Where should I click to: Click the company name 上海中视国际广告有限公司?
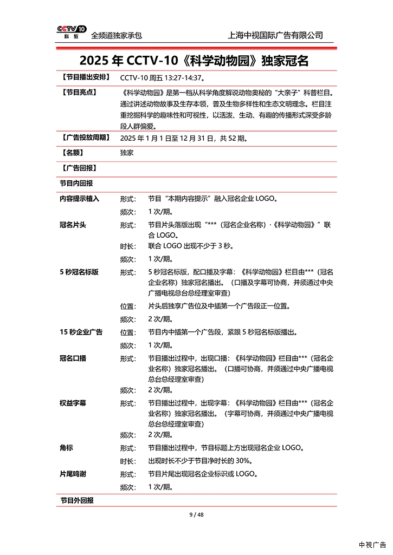[x=276, y=35]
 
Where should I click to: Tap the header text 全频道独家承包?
[x=117, y=36]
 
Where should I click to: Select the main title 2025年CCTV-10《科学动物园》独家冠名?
[x=196, y=60]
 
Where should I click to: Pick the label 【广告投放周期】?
[x=85, y=138]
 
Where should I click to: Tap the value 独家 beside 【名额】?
[x=127, y=153]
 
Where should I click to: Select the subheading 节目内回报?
[x=76, y=183]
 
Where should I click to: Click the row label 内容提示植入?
[x=80, y=199]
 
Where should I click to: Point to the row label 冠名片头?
[x=73, y=224]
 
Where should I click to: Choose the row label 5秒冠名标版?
[x=79, y=272]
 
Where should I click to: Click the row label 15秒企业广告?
[x=81, y=332]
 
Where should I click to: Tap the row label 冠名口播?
[x=73, y=358]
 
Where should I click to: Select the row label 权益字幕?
[x=73, y=403]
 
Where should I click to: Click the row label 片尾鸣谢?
[x=73, y=474]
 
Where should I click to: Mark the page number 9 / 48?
[x=196, y=514]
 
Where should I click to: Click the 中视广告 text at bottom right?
[x=372, y=544]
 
